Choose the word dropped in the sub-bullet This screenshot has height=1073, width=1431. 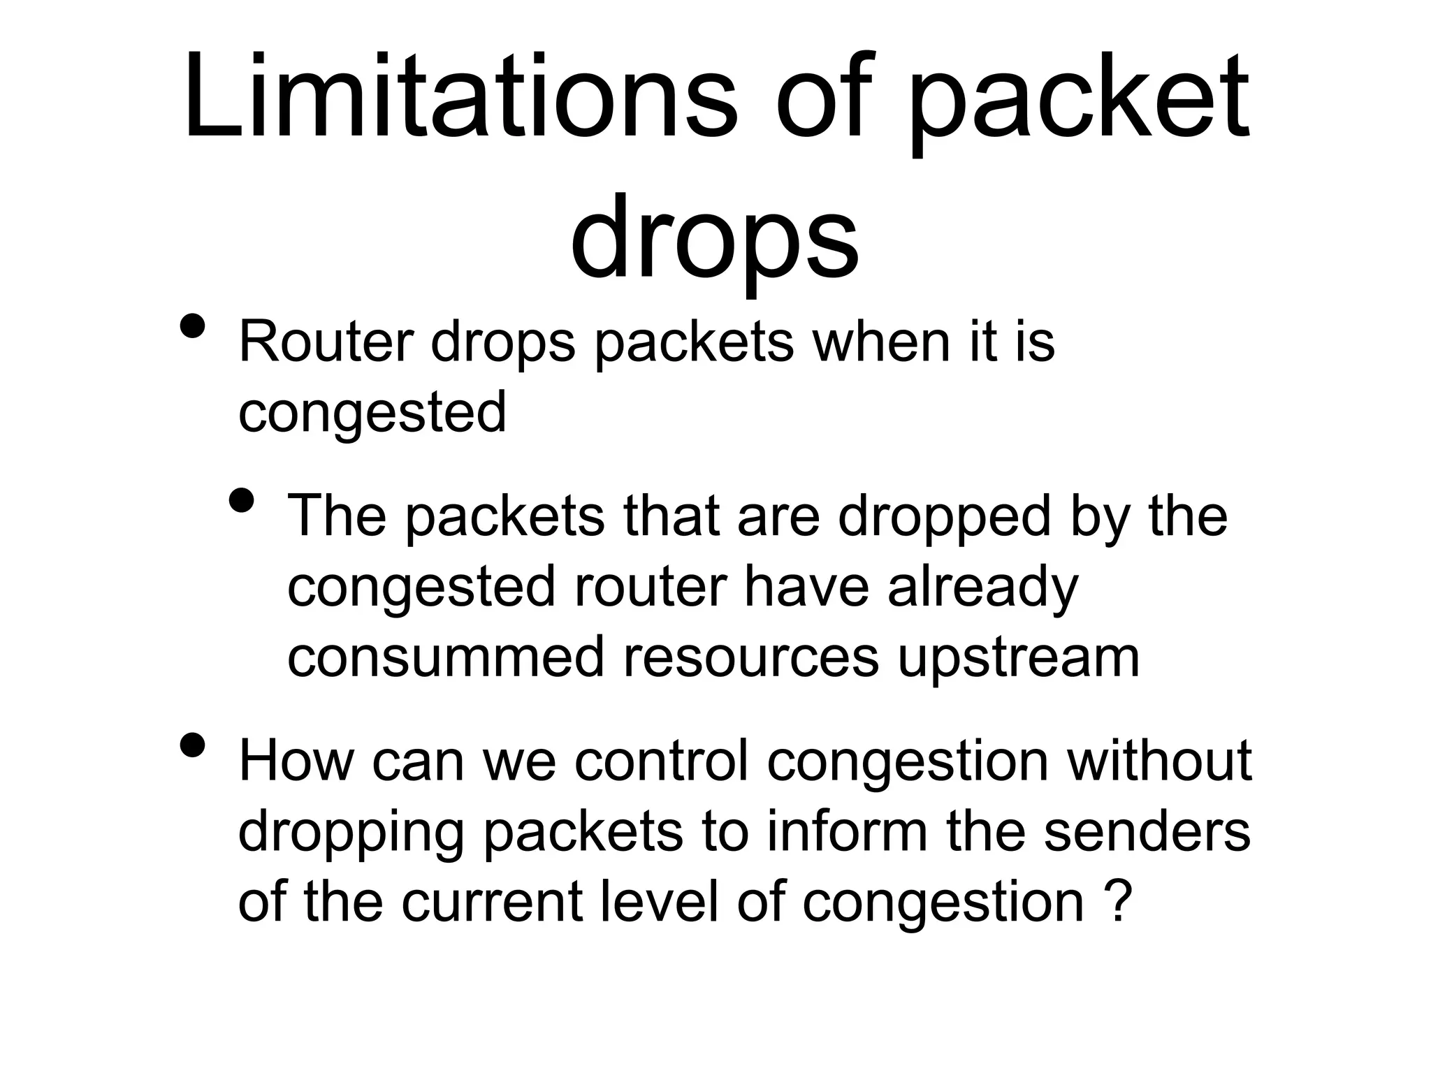(944, 516)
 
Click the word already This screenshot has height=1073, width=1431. (983, 587)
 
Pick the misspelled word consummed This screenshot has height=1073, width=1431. (445, 657)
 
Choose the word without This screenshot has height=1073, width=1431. (1159, 761)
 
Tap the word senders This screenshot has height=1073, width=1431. (1147, 831)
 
